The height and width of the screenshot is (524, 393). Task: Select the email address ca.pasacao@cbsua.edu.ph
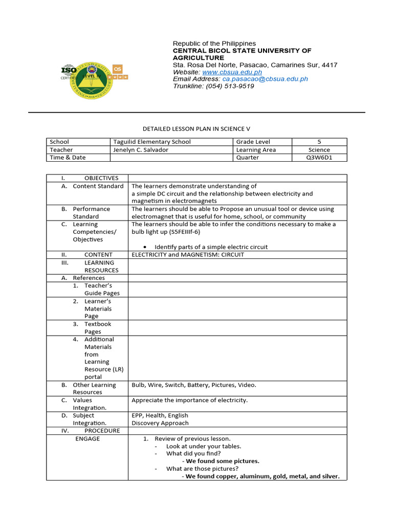click(x=264, y=79)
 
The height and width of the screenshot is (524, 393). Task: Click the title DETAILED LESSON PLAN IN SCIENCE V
click(x=196, y=129)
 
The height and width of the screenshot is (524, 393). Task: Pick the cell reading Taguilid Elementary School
click(x=152, y=142)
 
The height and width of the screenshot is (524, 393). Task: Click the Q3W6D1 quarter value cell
click(x=319, y=158)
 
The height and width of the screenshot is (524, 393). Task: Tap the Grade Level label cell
click(x=253, y=142)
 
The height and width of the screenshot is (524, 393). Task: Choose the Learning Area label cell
click(x=256, y=150)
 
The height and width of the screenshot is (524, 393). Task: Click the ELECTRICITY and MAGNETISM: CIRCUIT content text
click(x=188, y=254)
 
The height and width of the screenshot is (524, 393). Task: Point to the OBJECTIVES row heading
click(x=101, y=178)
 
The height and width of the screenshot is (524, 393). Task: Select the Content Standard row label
click(x=98, y=186)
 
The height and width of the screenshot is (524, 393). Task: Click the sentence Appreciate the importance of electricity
click(x=189, y=400)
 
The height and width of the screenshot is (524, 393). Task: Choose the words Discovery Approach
click(x=160, y=423)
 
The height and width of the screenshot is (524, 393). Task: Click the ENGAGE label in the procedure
click(x=88, y=439)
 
